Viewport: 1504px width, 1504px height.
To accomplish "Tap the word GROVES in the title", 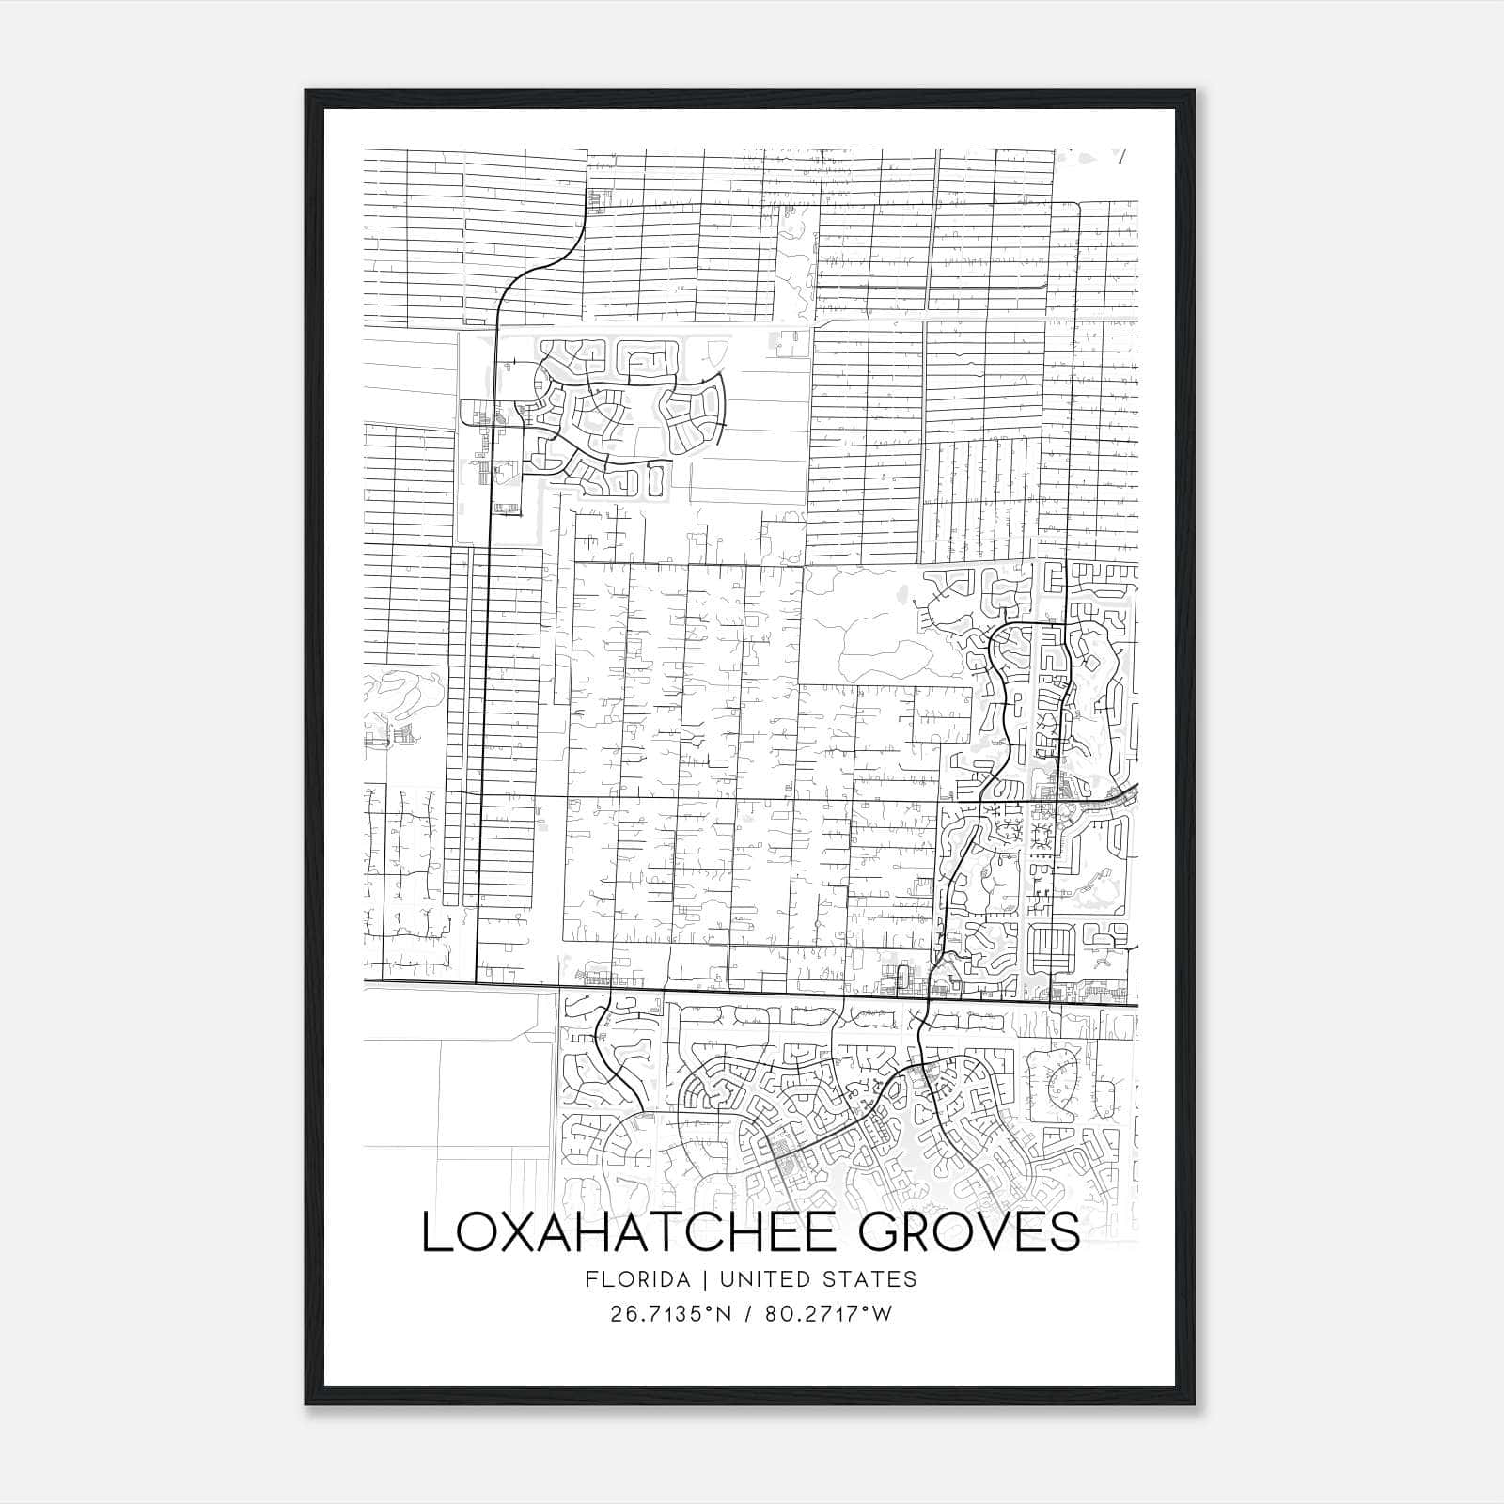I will [x=969, y=1232].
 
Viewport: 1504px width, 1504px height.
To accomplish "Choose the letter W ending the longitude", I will [x=882, y=1314].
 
